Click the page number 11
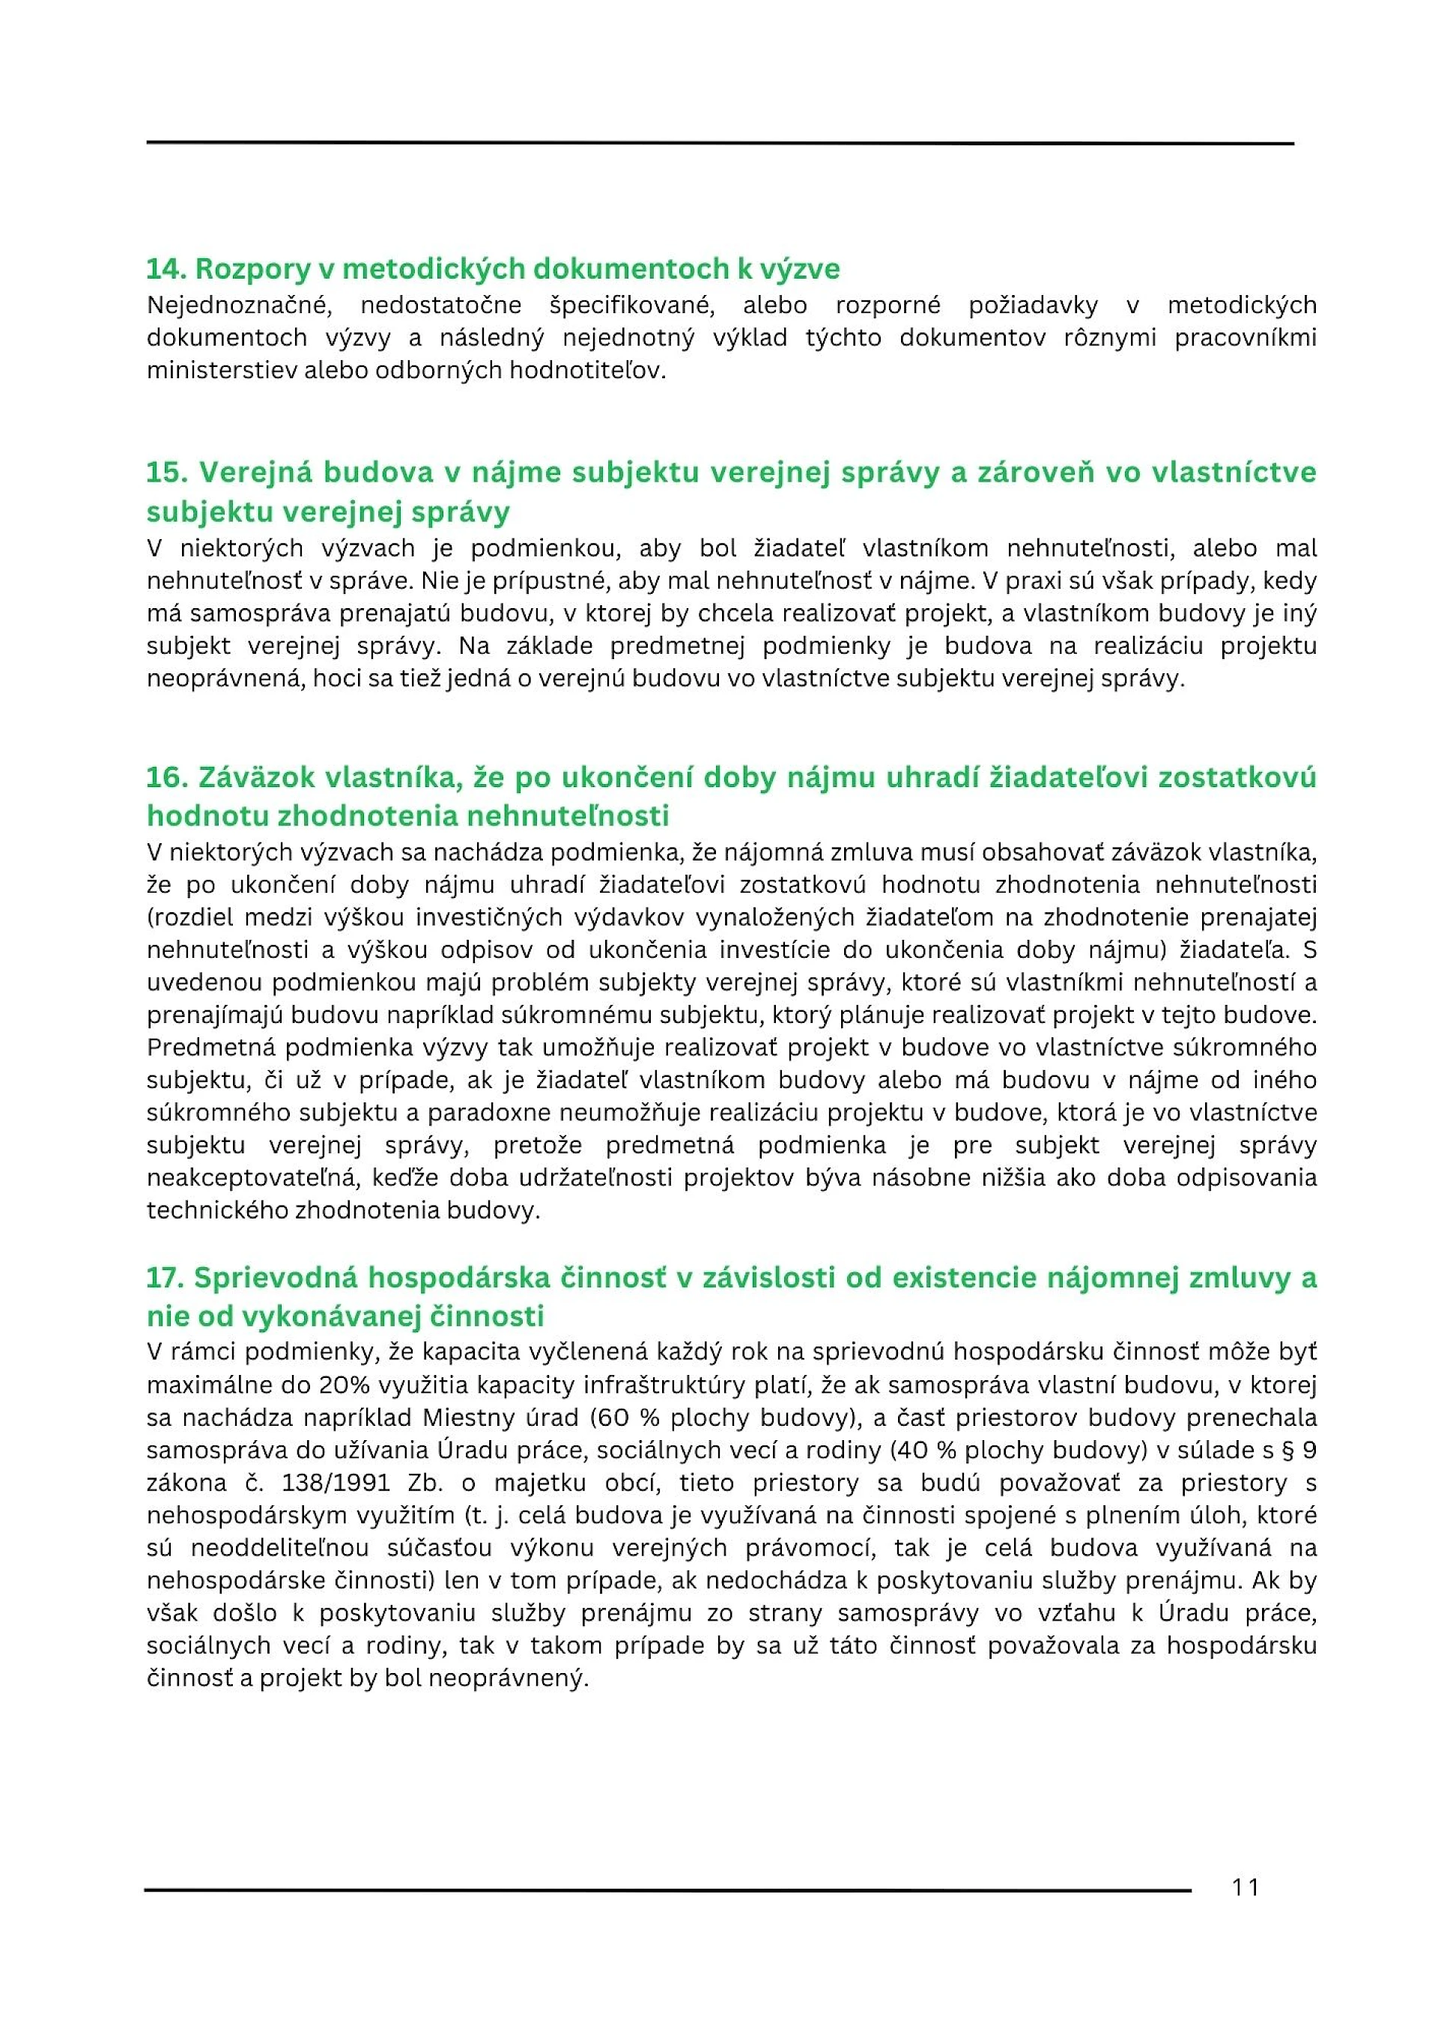click(x=1244, y=1887)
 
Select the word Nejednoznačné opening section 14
click(x=239, y=306)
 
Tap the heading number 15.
click(x=166, y=472)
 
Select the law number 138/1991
click(x=331, y=1483)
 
